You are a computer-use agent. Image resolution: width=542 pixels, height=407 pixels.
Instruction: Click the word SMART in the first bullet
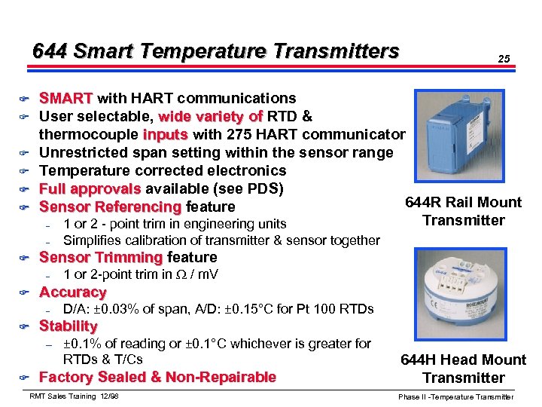[x=65, y=99]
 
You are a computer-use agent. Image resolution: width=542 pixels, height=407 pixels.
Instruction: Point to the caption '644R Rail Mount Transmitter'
[x=463, y=211]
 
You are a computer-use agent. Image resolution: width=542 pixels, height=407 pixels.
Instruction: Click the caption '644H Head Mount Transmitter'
[x=463, y=369]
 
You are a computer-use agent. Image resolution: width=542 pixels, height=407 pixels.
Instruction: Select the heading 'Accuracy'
[x=72, y=292]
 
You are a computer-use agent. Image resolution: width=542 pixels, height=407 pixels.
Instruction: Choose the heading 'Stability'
[x=68, y=326]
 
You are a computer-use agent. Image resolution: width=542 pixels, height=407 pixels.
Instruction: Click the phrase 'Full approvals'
[x=90, y=188]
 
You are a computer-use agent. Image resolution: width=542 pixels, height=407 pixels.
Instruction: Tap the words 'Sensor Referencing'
[x=110, y=207]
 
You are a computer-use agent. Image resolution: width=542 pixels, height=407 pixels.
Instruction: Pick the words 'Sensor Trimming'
[x=101, y=258]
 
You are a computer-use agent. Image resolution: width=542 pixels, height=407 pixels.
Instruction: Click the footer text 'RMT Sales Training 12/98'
[x=73, y=396]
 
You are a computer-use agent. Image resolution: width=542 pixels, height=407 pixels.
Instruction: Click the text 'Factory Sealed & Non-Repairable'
[x=157, y=378]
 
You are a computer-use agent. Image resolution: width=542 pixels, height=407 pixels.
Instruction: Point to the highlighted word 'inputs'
[x=166, y=135]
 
